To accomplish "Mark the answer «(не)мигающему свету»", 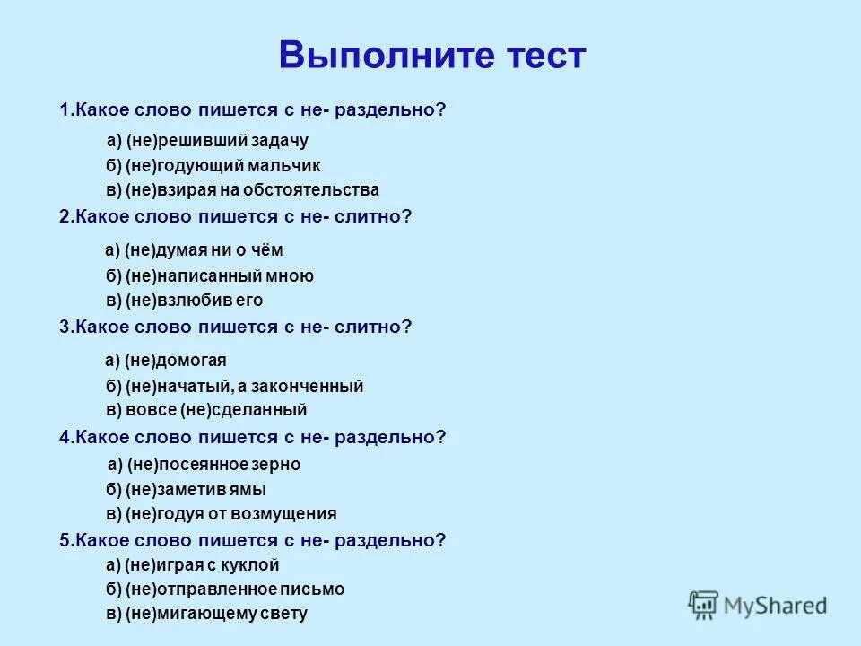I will [206, 615].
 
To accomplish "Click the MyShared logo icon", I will [704, 605].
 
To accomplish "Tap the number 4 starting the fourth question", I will [65, 437].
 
